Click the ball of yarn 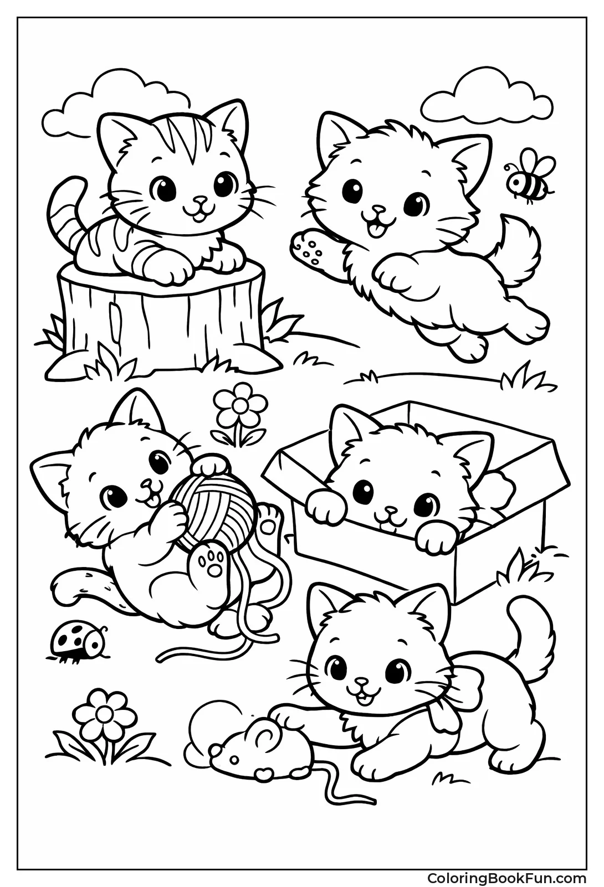click(213, 500)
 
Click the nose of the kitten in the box click(391, 509)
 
